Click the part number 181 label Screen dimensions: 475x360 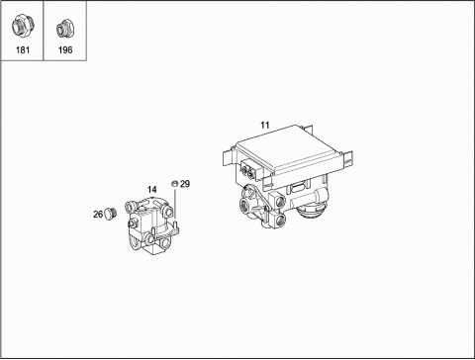pos(23,50)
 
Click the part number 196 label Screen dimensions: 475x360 pos(65,50)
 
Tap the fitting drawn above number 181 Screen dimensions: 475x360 pos(22,26)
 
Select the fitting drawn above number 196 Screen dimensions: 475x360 pos(64,28)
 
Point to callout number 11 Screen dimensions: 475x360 pos(265,126)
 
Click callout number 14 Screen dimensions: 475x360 pos(151,190)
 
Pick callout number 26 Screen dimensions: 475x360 pos(98,215)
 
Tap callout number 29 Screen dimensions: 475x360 pos(185,184)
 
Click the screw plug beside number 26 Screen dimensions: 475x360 pos(110,214)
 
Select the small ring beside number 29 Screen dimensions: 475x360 pos(174,183)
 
